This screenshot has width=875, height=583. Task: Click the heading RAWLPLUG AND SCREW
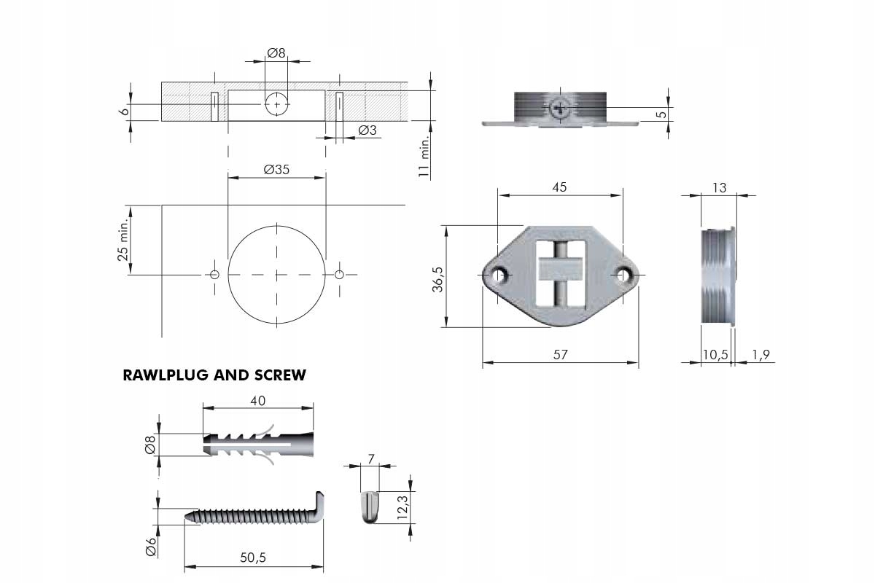click(214, 376)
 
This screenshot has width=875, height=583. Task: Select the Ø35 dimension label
click(276, 169)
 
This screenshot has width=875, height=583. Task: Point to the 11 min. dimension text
click(422, 157)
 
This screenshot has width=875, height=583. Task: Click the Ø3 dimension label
click(367, 130)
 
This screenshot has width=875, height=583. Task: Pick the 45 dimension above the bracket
click(559, 187)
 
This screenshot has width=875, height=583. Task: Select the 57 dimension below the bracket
click(560, 355)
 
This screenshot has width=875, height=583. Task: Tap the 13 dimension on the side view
click(719, 188)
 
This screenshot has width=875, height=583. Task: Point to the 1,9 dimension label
click(761, 355)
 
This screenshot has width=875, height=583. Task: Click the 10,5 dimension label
click(715, 355)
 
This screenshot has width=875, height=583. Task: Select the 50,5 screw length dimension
click(253, 557)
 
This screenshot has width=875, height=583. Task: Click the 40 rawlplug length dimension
click(257, 400)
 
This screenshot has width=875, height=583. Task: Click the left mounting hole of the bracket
click(500, 275)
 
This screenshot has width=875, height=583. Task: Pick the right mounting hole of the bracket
click(622, 275)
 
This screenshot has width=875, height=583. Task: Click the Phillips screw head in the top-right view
click(560, 109)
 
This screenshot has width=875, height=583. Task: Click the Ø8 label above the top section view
click(276, 52)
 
